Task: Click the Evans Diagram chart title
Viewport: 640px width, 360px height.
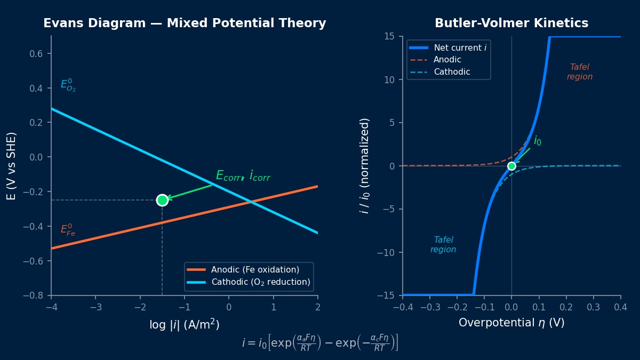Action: tap(185, 23)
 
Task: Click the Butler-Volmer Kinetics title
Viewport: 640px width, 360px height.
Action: tap(511, 23)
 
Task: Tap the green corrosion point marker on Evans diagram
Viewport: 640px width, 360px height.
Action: tap(162, 200)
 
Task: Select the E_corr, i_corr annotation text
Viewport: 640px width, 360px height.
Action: tap(243, 175)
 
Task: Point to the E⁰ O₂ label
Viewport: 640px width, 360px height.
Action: tap(68, 85)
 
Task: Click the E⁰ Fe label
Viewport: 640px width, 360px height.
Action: tap(68, 230)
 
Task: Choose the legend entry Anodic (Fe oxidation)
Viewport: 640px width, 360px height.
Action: tap(255, 270)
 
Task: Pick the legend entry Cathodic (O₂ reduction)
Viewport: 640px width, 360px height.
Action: tap(260, 282)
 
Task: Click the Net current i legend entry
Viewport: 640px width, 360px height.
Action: tap(460, 48)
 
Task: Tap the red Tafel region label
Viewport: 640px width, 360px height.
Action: tap(580, 72)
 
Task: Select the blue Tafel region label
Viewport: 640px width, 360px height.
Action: tap(443, 245)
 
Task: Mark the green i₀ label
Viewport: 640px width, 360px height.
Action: tap(538, 141)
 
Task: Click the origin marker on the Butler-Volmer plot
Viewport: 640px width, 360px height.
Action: tap(511, 166)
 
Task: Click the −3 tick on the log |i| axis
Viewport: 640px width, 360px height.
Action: tap(95, 307)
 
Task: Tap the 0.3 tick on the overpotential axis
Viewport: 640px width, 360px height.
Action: tap(594, 307)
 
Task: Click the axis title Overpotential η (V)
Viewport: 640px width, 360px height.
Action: tap(511, 323)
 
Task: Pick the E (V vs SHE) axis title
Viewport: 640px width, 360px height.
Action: tap(11, 166)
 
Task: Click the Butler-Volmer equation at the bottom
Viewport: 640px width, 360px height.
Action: tap(320, 342)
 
